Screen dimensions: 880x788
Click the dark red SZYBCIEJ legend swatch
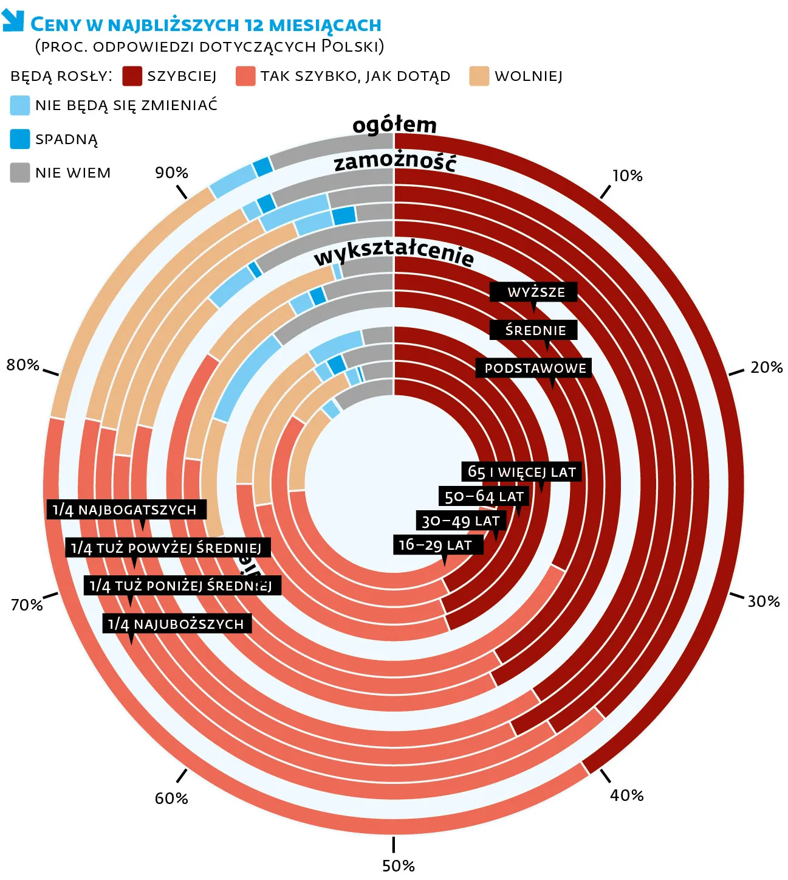coord(132,76)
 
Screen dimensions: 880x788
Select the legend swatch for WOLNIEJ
coord(479,76)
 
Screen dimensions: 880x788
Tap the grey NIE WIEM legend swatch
coord(20,173)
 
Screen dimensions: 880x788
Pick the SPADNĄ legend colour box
coord(20,139)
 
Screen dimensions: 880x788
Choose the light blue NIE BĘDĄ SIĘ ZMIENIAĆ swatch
coord(20,105)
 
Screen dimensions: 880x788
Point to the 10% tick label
coord(627,176)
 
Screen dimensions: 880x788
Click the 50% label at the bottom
coord(398,865)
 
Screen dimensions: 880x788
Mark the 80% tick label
coord(23,365)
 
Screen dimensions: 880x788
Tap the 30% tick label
coord(763,601)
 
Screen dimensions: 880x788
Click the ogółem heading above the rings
coord(394,125)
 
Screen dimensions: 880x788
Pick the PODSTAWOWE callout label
coord(535,369)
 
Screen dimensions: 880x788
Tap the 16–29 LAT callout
coord(435,545)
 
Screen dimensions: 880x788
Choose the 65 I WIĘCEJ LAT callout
coord(521,472)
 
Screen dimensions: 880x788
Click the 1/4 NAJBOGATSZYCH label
coord(125,510)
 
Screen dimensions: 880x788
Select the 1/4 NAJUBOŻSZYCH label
coord(176,624)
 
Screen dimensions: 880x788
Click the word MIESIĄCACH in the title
coord(325,25)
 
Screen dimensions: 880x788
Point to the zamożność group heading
coord(395,162)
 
